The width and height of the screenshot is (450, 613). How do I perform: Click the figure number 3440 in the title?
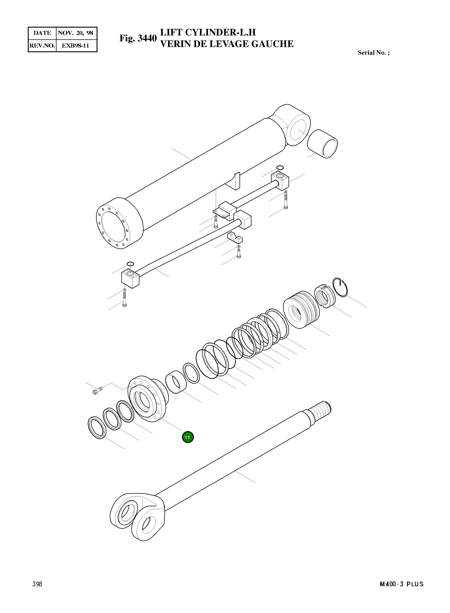[147, 38]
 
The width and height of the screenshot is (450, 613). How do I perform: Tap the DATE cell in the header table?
[42, 33]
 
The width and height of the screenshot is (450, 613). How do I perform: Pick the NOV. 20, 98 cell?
[76, 33]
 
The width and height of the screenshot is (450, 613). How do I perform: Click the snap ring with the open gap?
[341, 288]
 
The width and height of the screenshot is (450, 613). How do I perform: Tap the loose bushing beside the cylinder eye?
[323, 144]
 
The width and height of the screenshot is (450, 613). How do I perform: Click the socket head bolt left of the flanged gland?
[97, 391]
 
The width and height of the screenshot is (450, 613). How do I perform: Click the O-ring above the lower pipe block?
[130, 263]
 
